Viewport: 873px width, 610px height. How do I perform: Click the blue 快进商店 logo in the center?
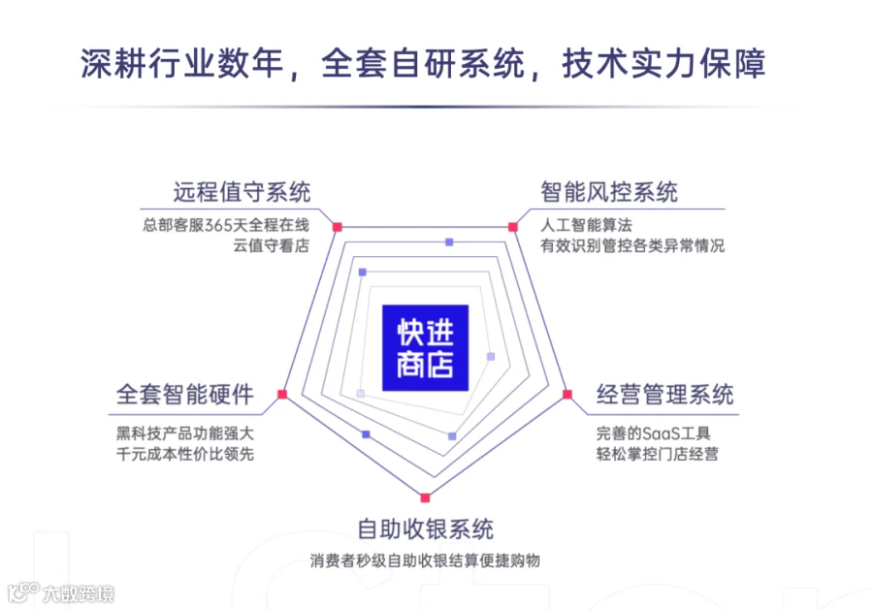(425, 348)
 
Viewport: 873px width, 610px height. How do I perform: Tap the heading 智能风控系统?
(609, 191)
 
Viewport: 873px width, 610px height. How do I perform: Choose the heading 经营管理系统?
(664, 395)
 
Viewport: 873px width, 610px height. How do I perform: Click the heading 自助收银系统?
(425, 530)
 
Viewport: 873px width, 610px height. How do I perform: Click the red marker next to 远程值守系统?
(337, 227)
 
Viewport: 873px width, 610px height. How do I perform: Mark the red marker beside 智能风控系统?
(512, 227)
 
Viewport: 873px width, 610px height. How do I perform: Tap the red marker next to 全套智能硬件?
(281, 394)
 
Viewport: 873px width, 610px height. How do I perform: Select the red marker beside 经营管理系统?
(568, 394)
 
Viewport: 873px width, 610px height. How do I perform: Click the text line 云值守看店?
(272, 245)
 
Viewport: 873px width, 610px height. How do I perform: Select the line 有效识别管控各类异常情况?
(632, 245)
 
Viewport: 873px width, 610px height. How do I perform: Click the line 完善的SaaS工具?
(654, 432)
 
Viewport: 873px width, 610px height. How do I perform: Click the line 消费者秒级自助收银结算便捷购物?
(425, 561)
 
